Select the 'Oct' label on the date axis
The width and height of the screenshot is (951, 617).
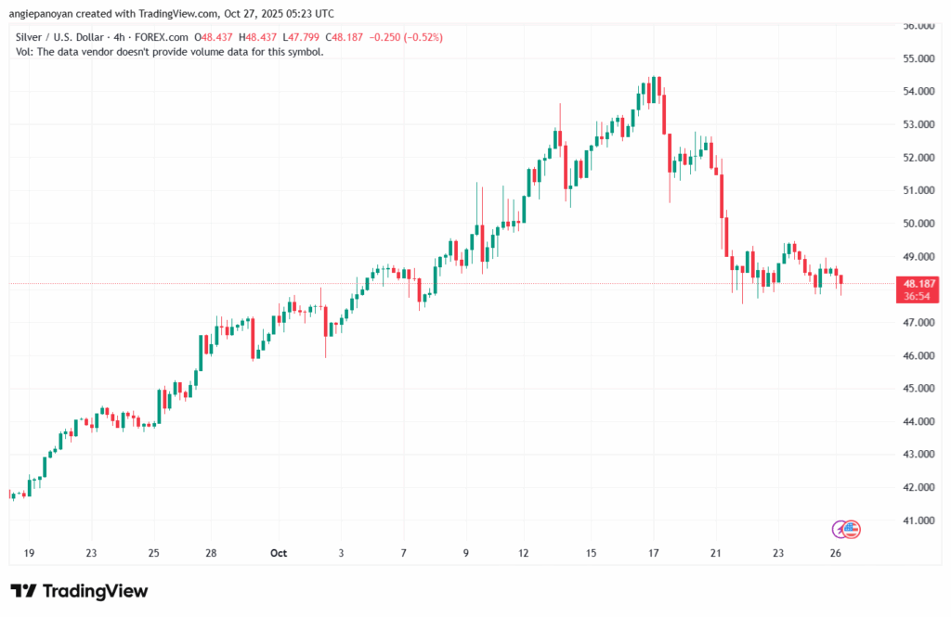[278, 553]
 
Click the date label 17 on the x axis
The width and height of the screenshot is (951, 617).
[654, 553]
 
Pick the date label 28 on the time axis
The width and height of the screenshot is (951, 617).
[212, 553]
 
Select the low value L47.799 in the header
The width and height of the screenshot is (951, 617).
[311, 37]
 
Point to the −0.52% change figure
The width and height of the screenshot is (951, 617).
[423, 37]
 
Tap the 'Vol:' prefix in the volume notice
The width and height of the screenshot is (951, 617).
[25, 52]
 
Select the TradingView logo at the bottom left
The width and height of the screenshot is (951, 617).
[79, 591]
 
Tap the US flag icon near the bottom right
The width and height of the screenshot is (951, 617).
[853, 529]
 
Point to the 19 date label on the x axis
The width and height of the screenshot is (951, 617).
[30, 553]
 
